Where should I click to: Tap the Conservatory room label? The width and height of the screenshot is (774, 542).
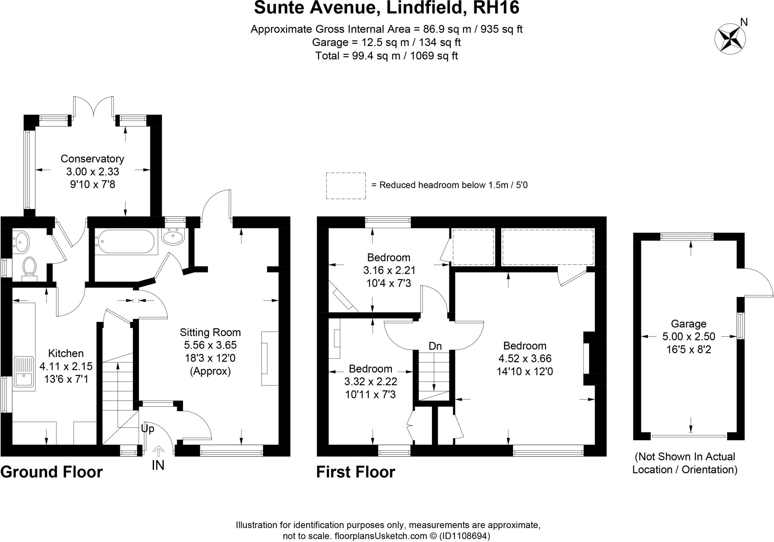pos(92,159)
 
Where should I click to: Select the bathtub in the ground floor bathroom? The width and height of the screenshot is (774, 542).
pos(125,242)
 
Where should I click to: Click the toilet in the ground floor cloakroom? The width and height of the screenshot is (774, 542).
pos(29,267)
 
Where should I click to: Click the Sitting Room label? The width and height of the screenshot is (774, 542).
pos(210,332)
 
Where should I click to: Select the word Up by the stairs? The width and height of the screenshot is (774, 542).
pos(147,429)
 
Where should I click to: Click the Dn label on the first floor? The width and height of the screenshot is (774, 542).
pos(435,346)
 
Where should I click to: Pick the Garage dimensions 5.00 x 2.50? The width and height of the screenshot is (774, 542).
pos(689,337)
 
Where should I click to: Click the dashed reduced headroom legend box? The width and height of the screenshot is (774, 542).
pos(345,186)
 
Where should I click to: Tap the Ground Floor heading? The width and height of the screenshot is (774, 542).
pos(51,472)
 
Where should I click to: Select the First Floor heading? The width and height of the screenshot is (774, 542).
pos(355,472)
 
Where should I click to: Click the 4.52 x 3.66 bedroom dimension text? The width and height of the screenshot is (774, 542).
pos(525,359)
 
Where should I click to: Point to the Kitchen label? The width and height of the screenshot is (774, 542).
pos(66,354)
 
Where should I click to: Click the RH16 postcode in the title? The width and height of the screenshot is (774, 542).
pos(497,8)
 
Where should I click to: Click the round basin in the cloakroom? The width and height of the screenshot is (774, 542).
pos(21,241)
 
